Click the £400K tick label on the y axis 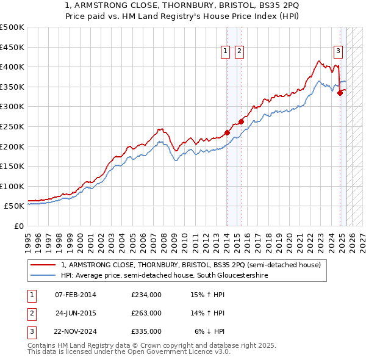[x=12, y=67]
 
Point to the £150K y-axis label [x=12, y=166]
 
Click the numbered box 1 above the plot [x=226, y=52]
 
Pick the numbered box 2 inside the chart [x=239, y=52]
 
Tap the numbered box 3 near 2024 [x=338, y=52]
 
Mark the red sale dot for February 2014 [x=227, y=132]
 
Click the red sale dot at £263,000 [x=241, y=121]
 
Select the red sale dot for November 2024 [x=340, y=93]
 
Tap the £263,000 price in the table [x=146, y=313]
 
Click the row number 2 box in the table [x=30, y=313]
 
